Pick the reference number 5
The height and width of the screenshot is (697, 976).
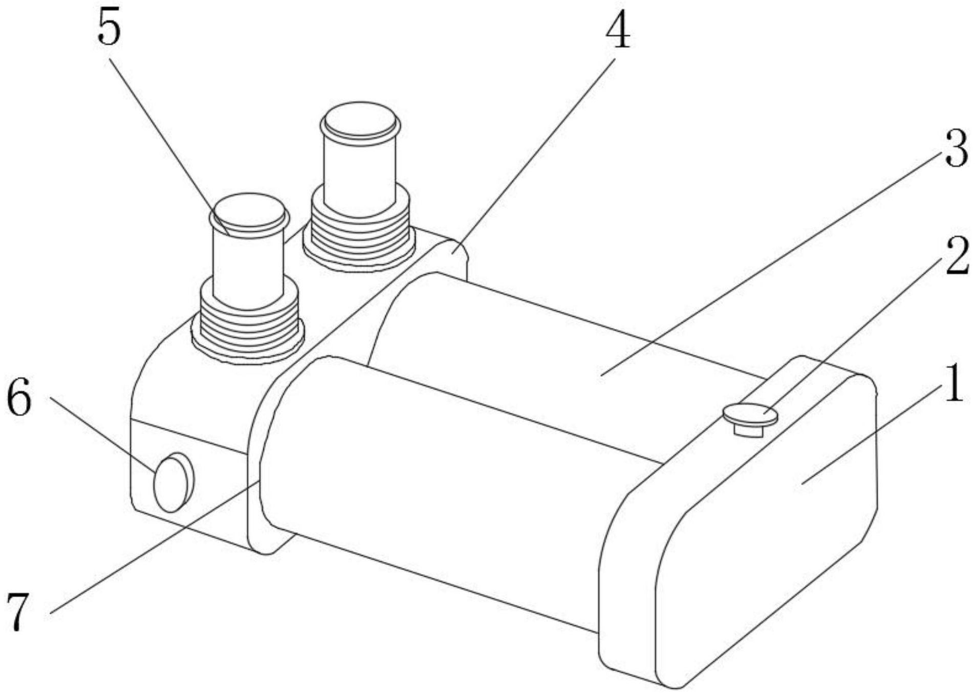pos(109,28)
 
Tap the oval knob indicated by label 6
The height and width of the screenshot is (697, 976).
pos(172,483)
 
